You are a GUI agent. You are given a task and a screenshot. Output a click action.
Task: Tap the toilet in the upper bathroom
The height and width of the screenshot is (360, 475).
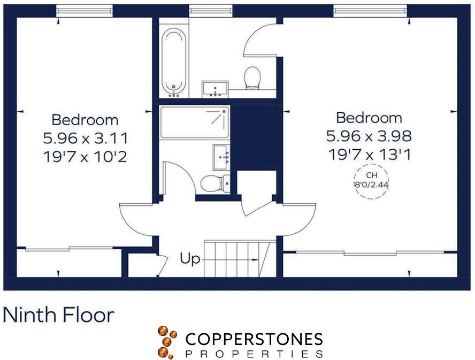point(252,78)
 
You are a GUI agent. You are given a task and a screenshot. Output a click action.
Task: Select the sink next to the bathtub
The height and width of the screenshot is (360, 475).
point(215,89)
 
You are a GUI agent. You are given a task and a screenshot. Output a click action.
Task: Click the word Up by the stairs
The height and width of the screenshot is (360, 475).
point(190,260)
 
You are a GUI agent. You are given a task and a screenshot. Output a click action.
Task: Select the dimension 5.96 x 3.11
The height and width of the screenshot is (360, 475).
point(86,139)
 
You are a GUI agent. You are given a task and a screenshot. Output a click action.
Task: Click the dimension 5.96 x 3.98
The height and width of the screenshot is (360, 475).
point(369,136)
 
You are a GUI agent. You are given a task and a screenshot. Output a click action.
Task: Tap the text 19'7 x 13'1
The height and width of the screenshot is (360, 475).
point(369,155)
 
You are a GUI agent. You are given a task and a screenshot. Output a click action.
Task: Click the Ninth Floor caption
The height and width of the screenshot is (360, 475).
point(58,315)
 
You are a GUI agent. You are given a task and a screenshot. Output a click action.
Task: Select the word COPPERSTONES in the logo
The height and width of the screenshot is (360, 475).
point(254,339)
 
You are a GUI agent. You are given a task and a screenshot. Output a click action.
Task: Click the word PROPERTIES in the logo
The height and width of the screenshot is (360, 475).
point(254,354)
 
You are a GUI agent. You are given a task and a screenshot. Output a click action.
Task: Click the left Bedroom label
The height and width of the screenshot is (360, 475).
point(85,119)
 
